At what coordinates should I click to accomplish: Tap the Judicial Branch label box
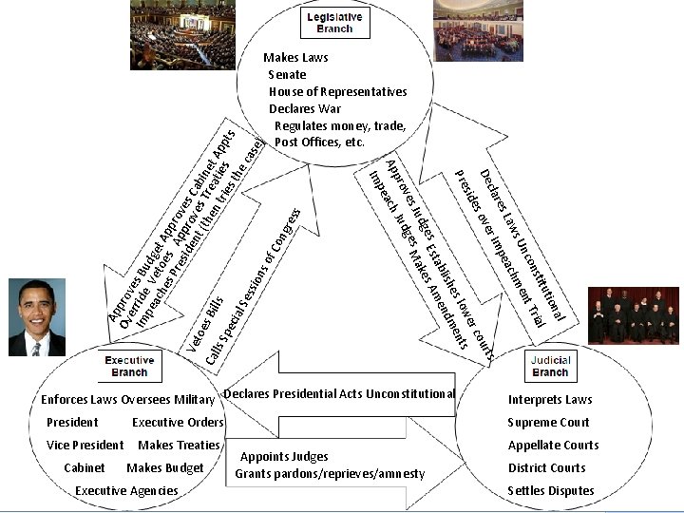(x=551, y=367)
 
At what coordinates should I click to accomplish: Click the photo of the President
(x=36, y=317)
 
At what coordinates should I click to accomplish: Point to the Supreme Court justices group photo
(x=634, y=314)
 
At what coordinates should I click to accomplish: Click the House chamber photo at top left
(x=182, y=34)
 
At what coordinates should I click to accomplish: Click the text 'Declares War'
(x=304, y=108)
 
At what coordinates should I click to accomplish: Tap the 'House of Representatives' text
(x=337, y=91)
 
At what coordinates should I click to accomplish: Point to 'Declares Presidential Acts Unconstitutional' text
(x=339, y=393)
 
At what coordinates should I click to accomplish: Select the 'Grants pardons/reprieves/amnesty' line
(x=330, y=473)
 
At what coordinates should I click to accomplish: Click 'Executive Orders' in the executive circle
(x=178, y=422)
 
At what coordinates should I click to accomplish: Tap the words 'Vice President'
(x=85, y=445)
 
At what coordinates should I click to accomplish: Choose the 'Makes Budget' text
(x=164, y=467)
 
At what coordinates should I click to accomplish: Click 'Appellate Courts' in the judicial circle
(x=552, y=445)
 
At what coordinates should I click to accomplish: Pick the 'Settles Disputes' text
(x=550, y=490)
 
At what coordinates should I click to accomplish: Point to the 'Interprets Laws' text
(x=550, y=399)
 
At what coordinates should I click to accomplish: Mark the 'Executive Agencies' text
(x=126, y=490)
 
